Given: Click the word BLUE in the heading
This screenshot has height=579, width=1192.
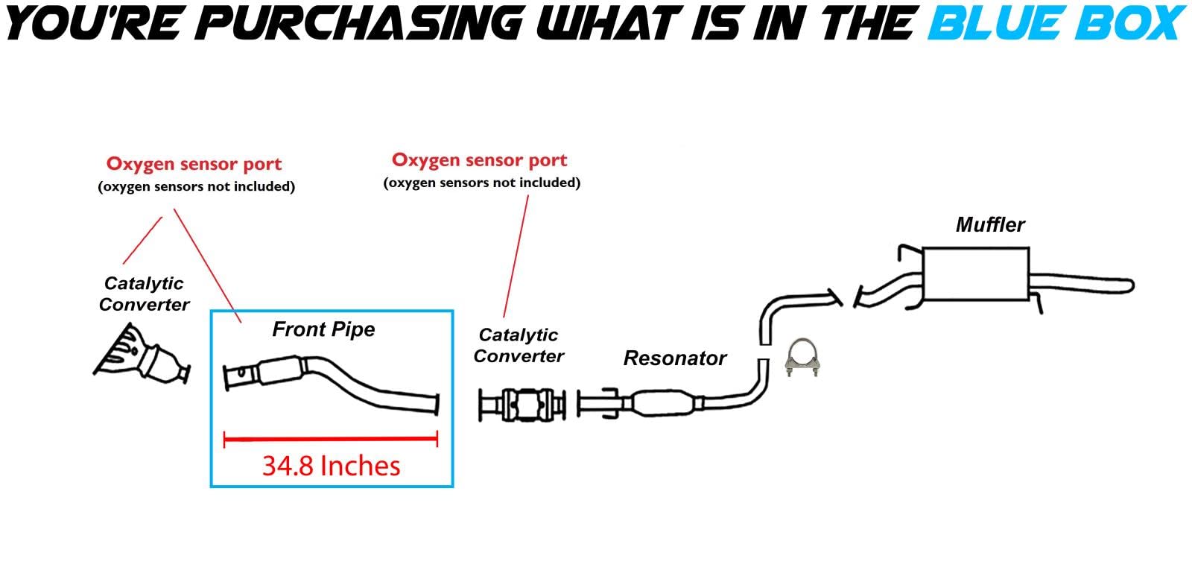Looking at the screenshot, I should (984, 22).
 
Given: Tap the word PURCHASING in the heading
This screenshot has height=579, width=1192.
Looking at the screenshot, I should (364, 22).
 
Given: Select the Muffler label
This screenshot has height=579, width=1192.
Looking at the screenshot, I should (990, 224).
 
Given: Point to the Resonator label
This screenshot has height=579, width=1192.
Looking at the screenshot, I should (674, 358).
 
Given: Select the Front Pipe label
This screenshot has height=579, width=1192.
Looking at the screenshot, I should (323, 329).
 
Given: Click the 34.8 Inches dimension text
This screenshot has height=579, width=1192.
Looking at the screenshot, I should (331, 466).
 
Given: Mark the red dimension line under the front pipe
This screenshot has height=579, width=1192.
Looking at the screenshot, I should (331, 439).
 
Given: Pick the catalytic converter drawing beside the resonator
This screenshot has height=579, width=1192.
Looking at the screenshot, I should (521, 405).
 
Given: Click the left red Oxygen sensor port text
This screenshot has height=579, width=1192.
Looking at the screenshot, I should (194, 164).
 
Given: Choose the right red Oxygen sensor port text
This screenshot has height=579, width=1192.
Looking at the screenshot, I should (479, 160).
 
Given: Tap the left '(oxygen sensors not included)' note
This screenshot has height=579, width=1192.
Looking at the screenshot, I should (196, 186).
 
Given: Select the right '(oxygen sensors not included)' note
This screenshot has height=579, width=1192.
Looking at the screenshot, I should (481, 183).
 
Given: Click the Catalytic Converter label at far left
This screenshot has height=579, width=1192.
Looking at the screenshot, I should (144, 294).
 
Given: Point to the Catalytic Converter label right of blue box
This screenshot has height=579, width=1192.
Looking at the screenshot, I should (519, 346).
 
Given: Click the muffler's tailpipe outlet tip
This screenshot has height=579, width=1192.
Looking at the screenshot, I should (1128, 285).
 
